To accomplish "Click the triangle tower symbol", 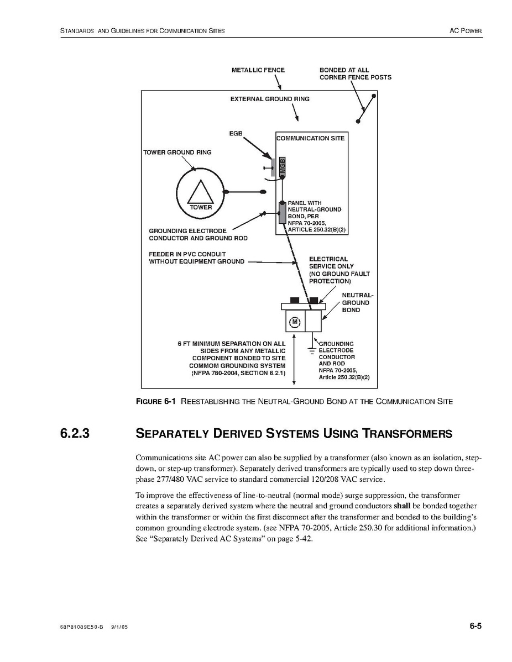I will pyautogui.click(x=200, y=193).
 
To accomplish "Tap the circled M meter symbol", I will pyautogui.click(x=295, y=322).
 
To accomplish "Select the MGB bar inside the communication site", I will pyautogui.click(x=282, y=167).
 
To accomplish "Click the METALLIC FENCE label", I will pyautogui.click(x=258, y=70).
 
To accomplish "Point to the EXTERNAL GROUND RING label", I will pyautogui.click(x=270, y=99).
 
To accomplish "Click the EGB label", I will pyautogui.click(x=236, y=134).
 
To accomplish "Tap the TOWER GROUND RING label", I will pyautogui.click(x=177, y=153).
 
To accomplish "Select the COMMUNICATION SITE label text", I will pyautogui.click(x=311, y=138).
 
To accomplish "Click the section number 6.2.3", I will pyautogui.click(x=75, y=434).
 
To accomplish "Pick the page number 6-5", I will pyautogui.click(x=476, y=626).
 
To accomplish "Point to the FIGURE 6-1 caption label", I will pyautogui.click(x=155, y=402).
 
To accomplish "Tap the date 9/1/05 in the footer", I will pyautogui.click(x=120, y=628).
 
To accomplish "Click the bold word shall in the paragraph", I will pyautogui.click(x=402, y=506).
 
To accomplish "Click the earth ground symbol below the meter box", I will pyautogui.click(x=311, y=350).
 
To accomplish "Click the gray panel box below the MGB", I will pyautogui.click(x=282, y=213).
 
